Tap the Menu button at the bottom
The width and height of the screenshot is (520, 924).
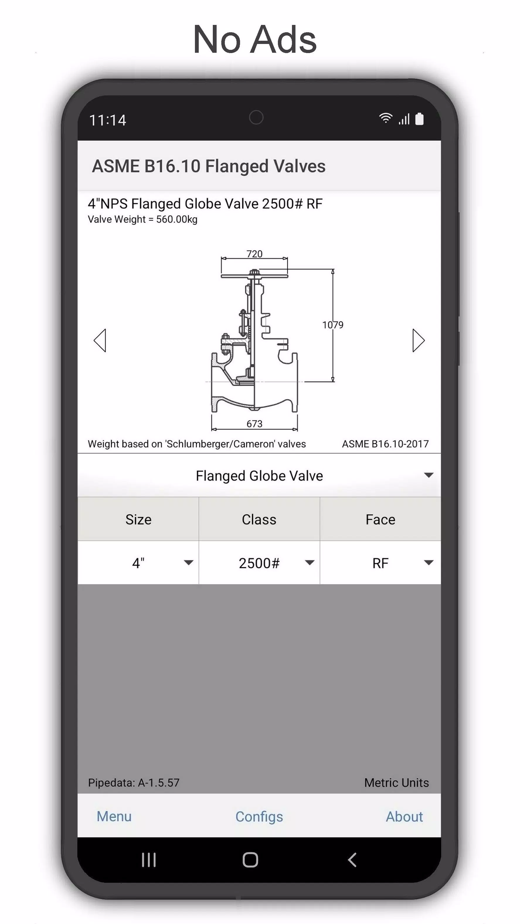[x=114, y=816]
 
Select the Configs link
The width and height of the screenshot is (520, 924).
[x=259, y=816]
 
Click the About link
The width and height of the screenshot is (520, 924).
[x=404, y=816]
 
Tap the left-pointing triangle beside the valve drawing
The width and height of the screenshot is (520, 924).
[x=100, y=340]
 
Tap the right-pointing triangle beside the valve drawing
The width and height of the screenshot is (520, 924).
[x=418, y=340]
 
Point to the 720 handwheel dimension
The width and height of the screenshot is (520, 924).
[x=254, y=254]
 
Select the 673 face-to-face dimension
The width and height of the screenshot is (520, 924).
[x=254, y=424]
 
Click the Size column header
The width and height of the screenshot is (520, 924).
[x=138, y=519]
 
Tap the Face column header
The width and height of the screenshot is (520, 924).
[x=380, y=519]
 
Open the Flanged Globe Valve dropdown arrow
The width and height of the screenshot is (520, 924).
[x=429, y=475]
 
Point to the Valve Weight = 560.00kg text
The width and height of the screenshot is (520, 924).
[x=142, y=219]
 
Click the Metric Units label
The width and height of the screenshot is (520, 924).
[x=396, y=782]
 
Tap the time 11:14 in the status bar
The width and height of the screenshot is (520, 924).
[x=108, y=120]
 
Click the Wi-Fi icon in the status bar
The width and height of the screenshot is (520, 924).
[x=385, y=118]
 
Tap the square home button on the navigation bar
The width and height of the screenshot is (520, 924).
[x=250, y=860]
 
